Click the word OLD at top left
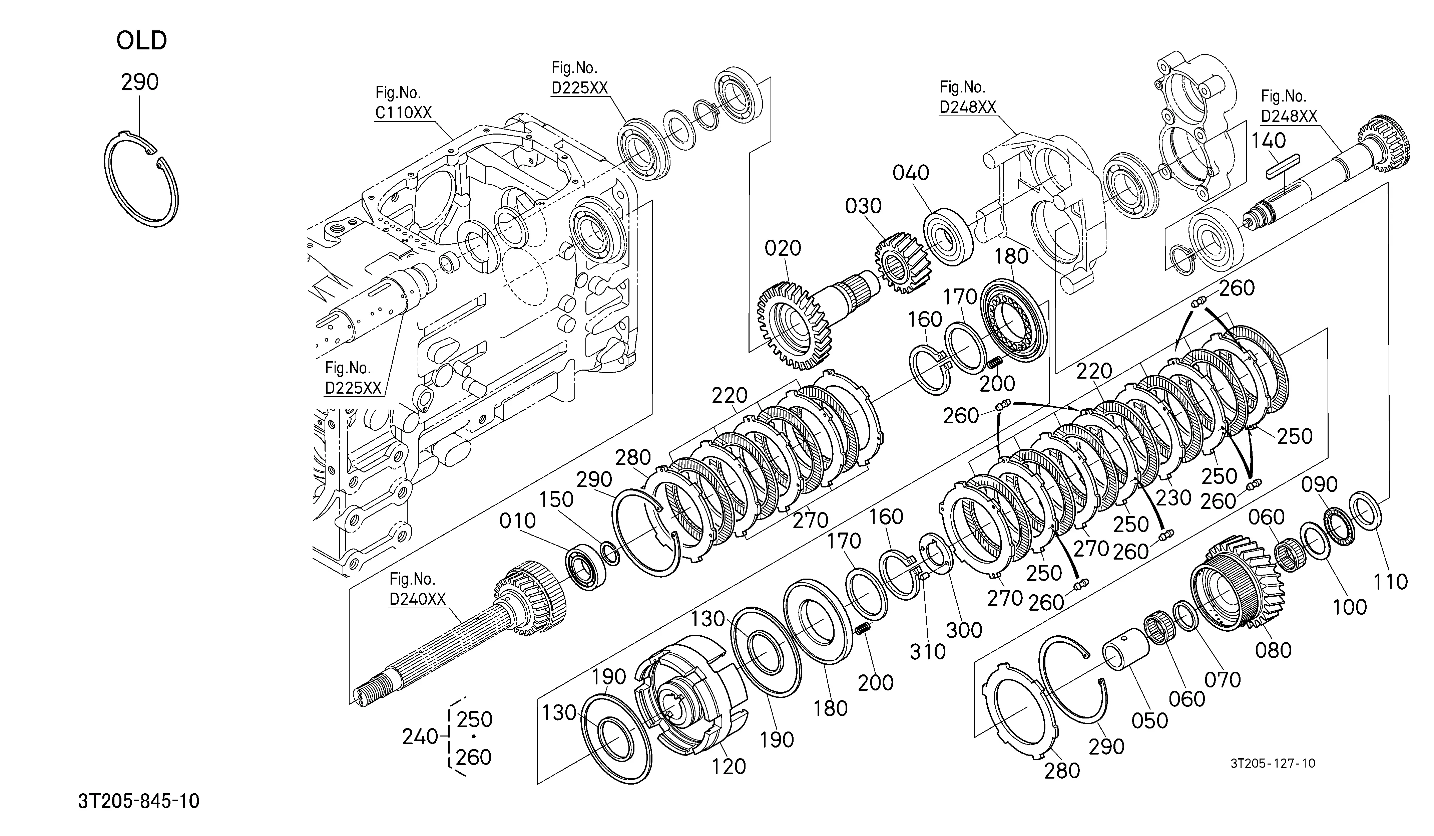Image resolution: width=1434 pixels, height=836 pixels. pyautogui.click(x=142, y=41)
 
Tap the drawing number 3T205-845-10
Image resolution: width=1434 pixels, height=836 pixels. pyautogui.click(x=139, y=801)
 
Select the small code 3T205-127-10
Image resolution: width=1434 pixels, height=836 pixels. pyautogui.click(x=1273, y=763)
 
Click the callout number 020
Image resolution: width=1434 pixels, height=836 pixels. pyautogui.click(x=783, y=248)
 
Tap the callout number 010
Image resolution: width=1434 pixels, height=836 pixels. pyautogui.click(x=517, y=520)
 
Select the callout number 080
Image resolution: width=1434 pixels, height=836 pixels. pyautogui.click(x=1273, y=650)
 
